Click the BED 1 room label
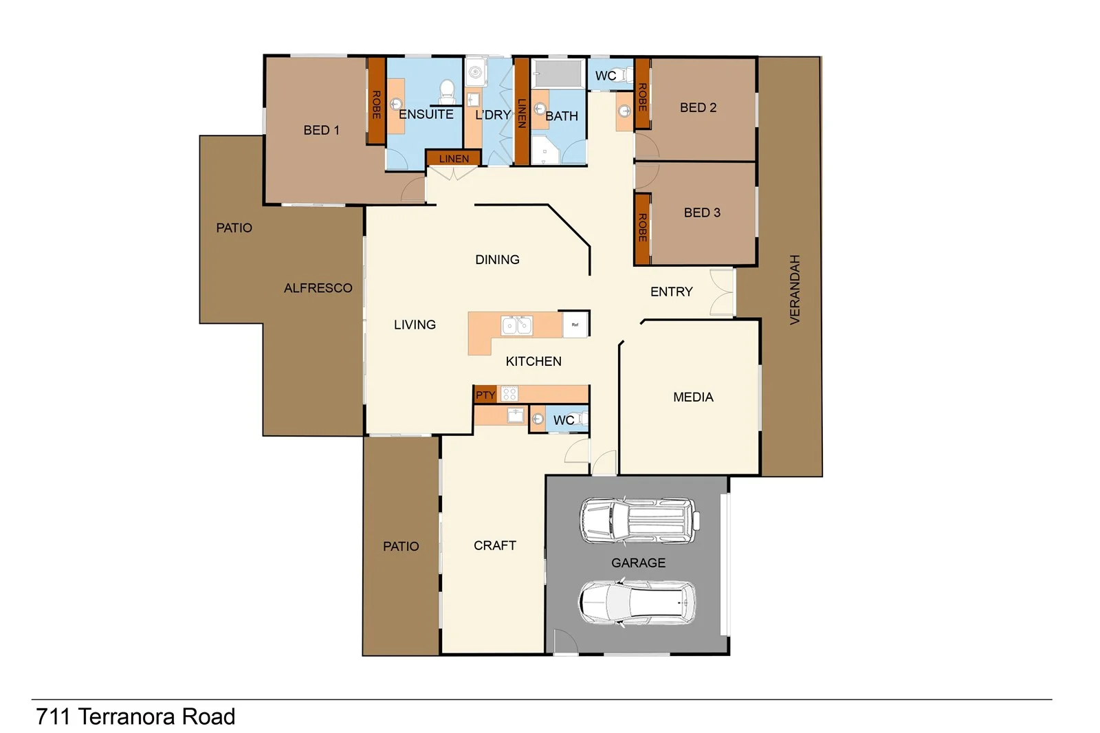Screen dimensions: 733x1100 (321, 130)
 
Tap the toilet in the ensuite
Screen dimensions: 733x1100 (447, 91)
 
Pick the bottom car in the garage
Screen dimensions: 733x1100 (637, 603)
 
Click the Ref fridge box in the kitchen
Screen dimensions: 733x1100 (575, 325)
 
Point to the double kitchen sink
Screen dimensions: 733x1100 (517, 325)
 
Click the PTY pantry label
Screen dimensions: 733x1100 (485, 395)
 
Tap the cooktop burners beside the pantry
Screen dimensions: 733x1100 (509, 394)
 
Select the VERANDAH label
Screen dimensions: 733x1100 (795, 289)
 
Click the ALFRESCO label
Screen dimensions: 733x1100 (318, 288)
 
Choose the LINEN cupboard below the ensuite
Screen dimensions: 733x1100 (453, 159)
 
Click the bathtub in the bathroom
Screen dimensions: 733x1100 (558, 74)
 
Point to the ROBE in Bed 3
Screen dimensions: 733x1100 (642, 228)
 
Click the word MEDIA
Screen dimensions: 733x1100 (693, 397)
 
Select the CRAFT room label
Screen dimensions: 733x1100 (494, 545)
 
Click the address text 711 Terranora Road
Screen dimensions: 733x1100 (135, 716)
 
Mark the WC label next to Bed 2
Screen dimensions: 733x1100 (605, 76)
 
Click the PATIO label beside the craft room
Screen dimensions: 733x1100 (401, 546)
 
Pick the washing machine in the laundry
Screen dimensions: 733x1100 (475, 72)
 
